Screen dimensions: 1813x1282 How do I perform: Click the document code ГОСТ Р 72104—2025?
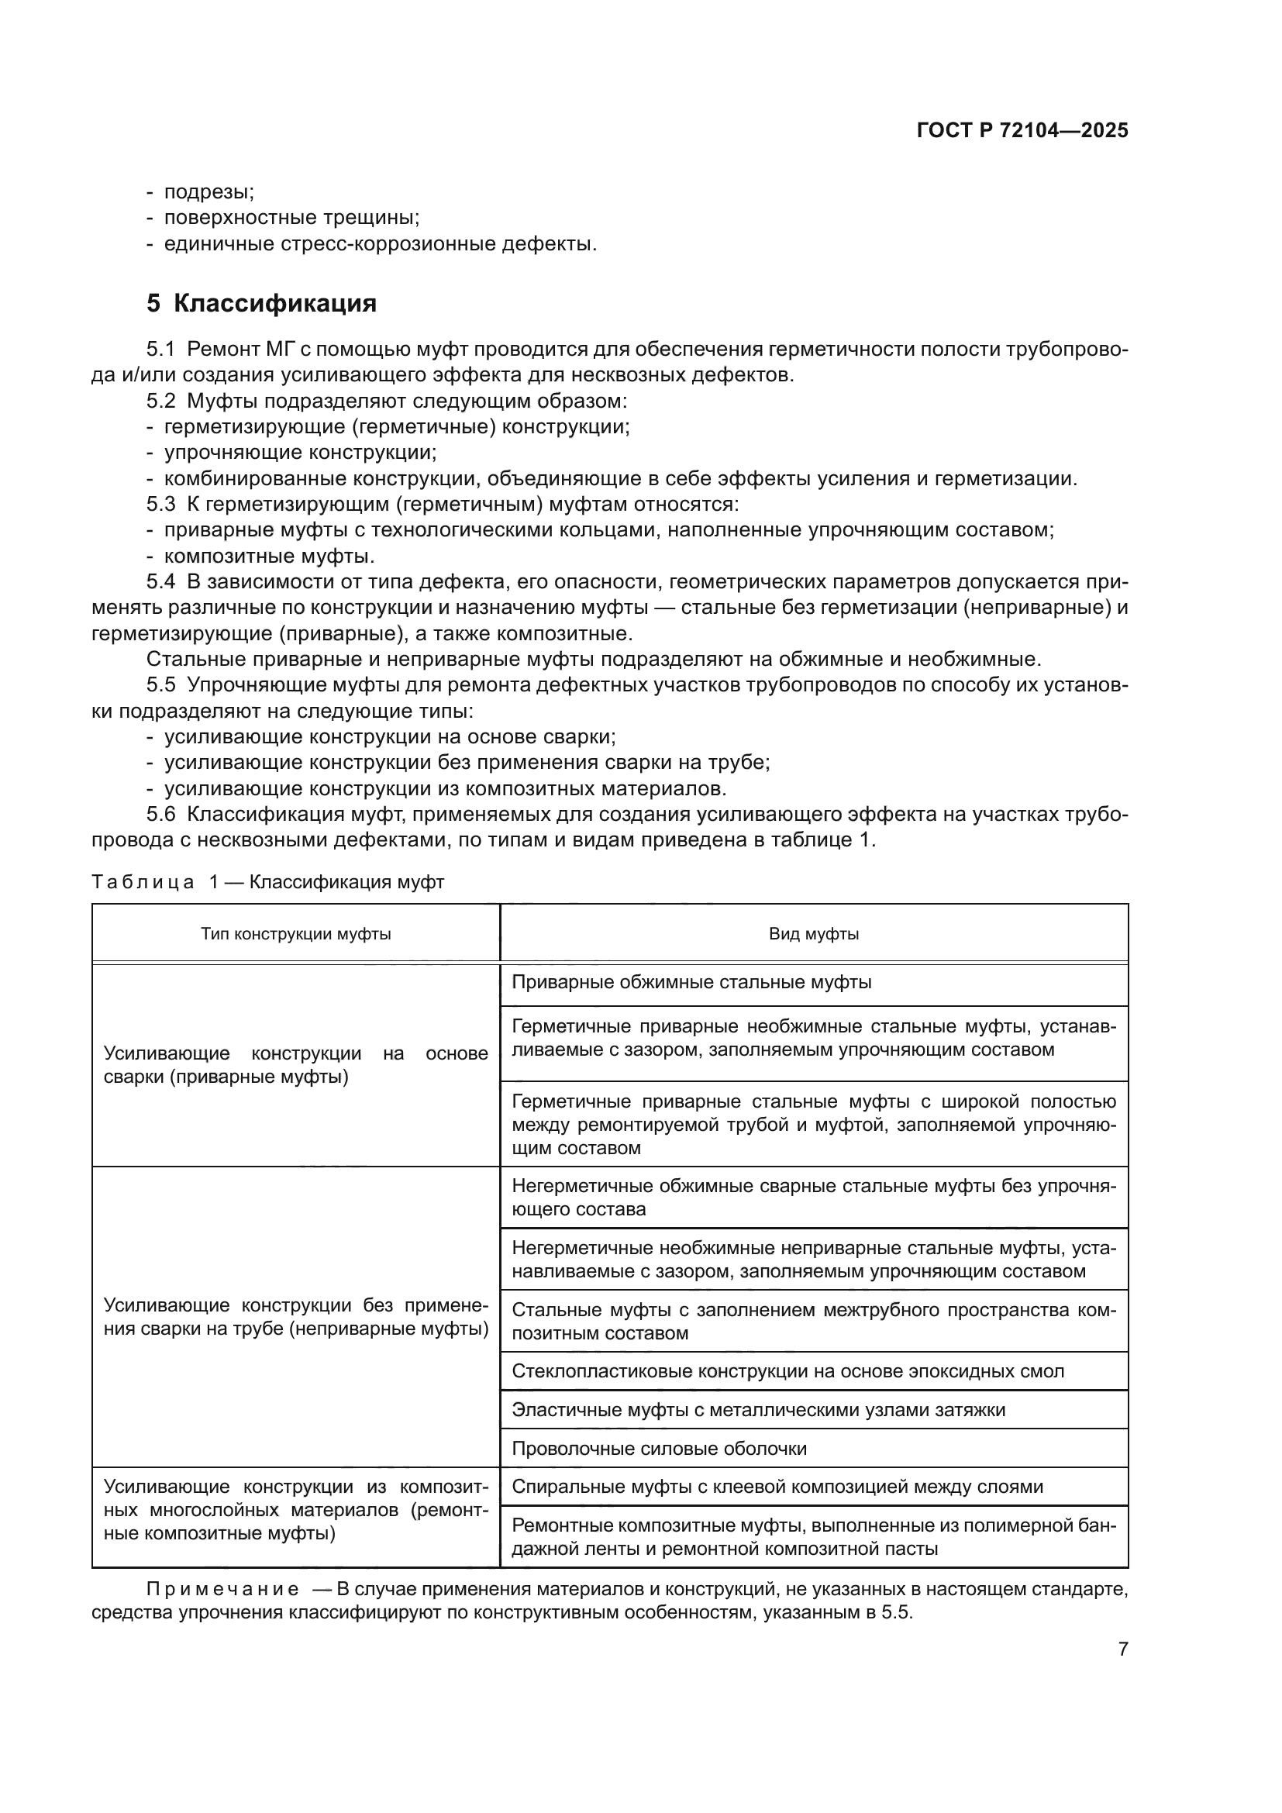point(1022,131)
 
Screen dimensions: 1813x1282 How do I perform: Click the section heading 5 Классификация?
point(261,303)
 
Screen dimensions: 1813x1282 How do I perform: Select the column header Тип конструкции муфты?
point(295,934)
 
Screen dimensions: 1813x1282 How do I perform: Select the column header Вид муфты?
point(813,934)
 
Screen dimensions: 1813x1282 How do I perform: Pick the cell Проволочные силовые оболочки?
point(658,1448)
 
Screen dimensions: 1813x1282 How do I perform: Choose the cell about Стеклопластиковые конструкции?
point(787,1371)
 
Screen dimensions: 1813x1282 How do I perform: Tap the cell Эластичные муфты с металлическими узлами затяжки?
point(758,1409)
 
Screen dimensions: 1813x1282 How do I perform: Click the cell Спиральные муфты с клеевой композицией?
point(777,1487)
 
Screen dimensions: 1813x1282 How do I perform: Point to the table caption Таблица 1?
point(267,882)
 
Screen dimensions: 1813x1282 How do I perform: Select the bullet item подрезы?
point(208,192)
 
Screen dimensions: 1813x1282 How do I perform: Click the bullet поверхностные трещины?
point(291,218)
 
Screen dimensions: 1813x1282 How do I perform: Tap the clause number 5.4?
point(160,582)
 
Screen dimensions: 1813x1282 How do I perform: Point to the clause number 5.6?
point(160,814)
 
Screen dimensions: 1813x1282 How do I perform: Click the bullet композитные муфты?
point(268,556)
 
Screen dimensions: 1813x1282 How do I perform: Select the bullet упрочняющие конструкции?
point(300,453)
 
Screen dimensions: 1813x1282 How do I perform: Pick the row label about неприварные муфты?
point(295,1317)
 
